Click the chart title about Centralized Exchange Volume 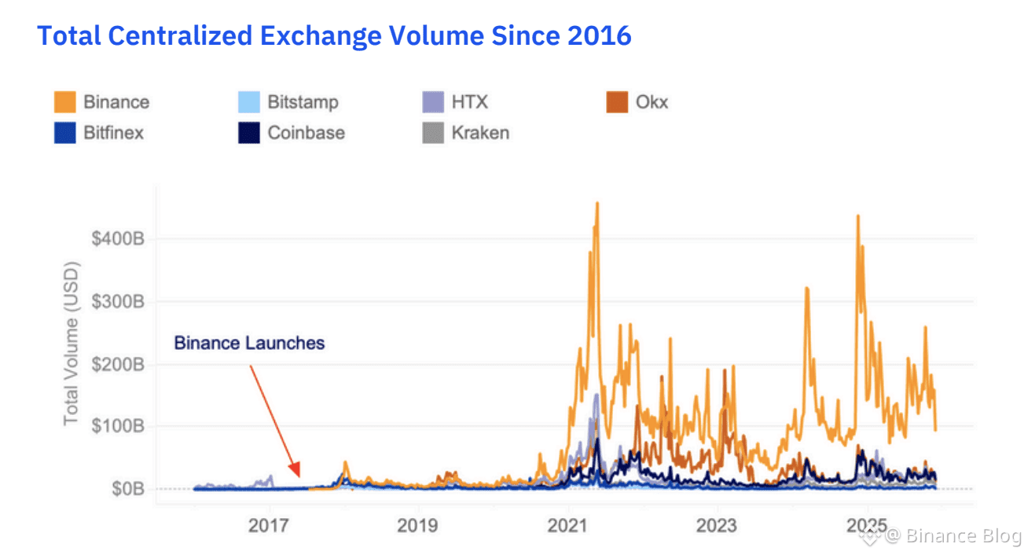[334, 35]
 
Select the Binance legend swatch [65, 102]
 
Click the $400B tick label [118, 238]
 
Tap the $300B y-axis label [118, 301]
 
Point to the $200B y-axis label [118, 364]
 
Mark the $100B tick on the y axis [118, 426]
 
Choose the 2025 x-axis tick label [866, 524]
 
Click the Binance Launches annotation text [249, 343]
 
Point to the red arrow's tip [299, 476]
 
